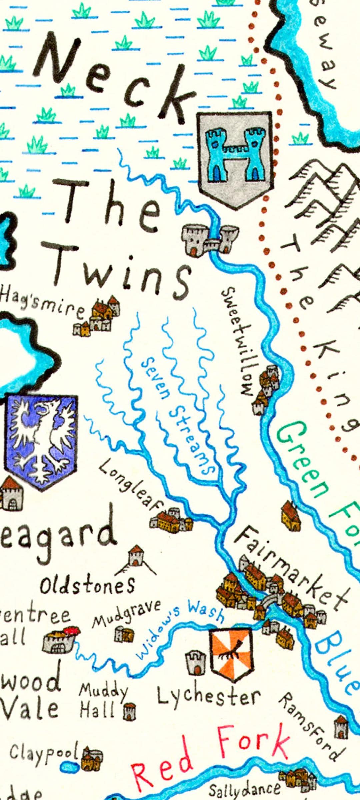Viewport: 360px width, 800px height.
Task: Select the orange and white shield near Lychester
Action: click(x=231, y=654)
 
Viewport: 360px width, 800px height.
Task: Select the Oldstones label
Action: click(x=87, y=586)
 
